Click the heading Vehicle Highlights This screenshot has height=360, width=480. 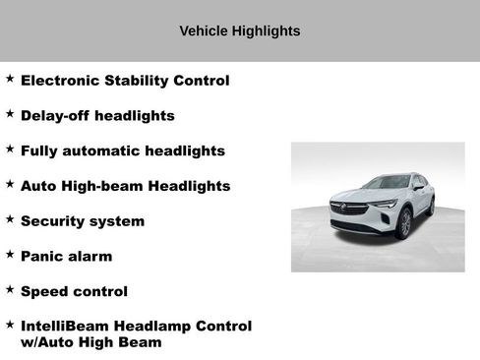[x=239, y=31]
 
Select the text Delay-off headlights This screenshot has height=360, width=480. [x=97, y=116]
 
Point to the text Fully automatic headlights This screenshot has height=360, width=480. [x=122, y=151]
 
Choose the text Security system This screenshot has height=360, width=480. [x=82, y=221]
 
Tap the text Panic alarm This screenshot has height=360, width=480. [x=66, y=257]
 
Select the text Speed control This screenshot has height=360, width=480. [x=74, y=292]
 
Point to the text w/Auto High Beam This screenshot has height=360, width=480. [x=90, y=342]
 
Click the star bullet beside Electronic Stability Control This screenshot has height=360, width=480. [x=10, y=79]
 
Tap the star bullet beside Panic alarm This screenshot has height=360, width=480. [x=10, y=255]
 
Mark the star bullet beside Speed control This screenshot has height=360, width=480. [x=10, y=290]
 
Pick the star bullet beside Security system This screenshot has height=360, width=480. [x=10, y=219]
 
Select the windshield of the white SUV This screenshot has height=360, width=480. [x=387, y=183]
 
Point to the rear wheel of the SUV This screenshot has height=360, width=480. [x=431, y=207]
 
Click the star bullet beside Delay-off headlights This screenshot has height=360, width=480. [x=10, y=114]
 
